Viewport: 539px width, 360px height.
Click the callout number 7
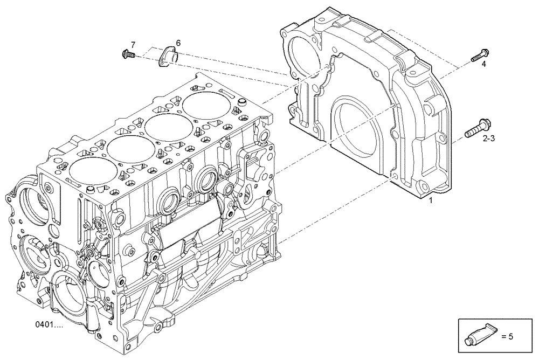[x=133, y=44]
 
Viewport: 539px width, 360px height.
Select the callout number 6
[x=178, y=43]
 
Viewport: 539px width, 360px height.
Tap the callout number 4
[x=483, y=64]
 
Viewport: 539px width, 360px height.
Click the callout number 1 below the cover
[x=430, y=200]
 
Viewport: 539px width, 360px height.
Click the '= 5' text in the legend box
[x=507, y=336]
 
